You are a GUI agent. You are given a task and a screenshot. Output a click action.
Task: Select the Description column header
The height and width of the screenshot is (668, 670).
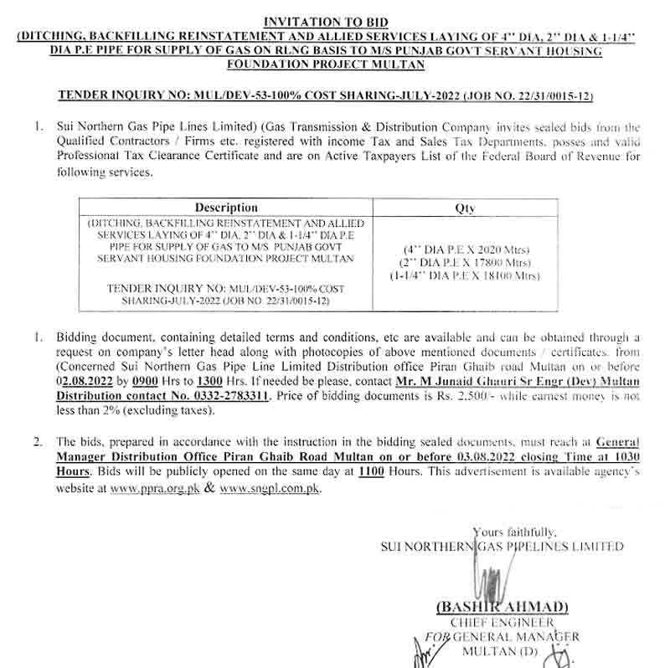226,208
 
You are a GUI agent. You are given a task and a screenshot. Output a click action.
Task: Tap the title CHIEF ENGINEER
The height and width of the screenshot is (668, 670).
502,622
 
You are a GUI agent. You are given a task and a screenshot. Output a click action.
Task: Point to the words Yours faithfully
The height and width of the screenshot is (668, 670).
513,531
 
